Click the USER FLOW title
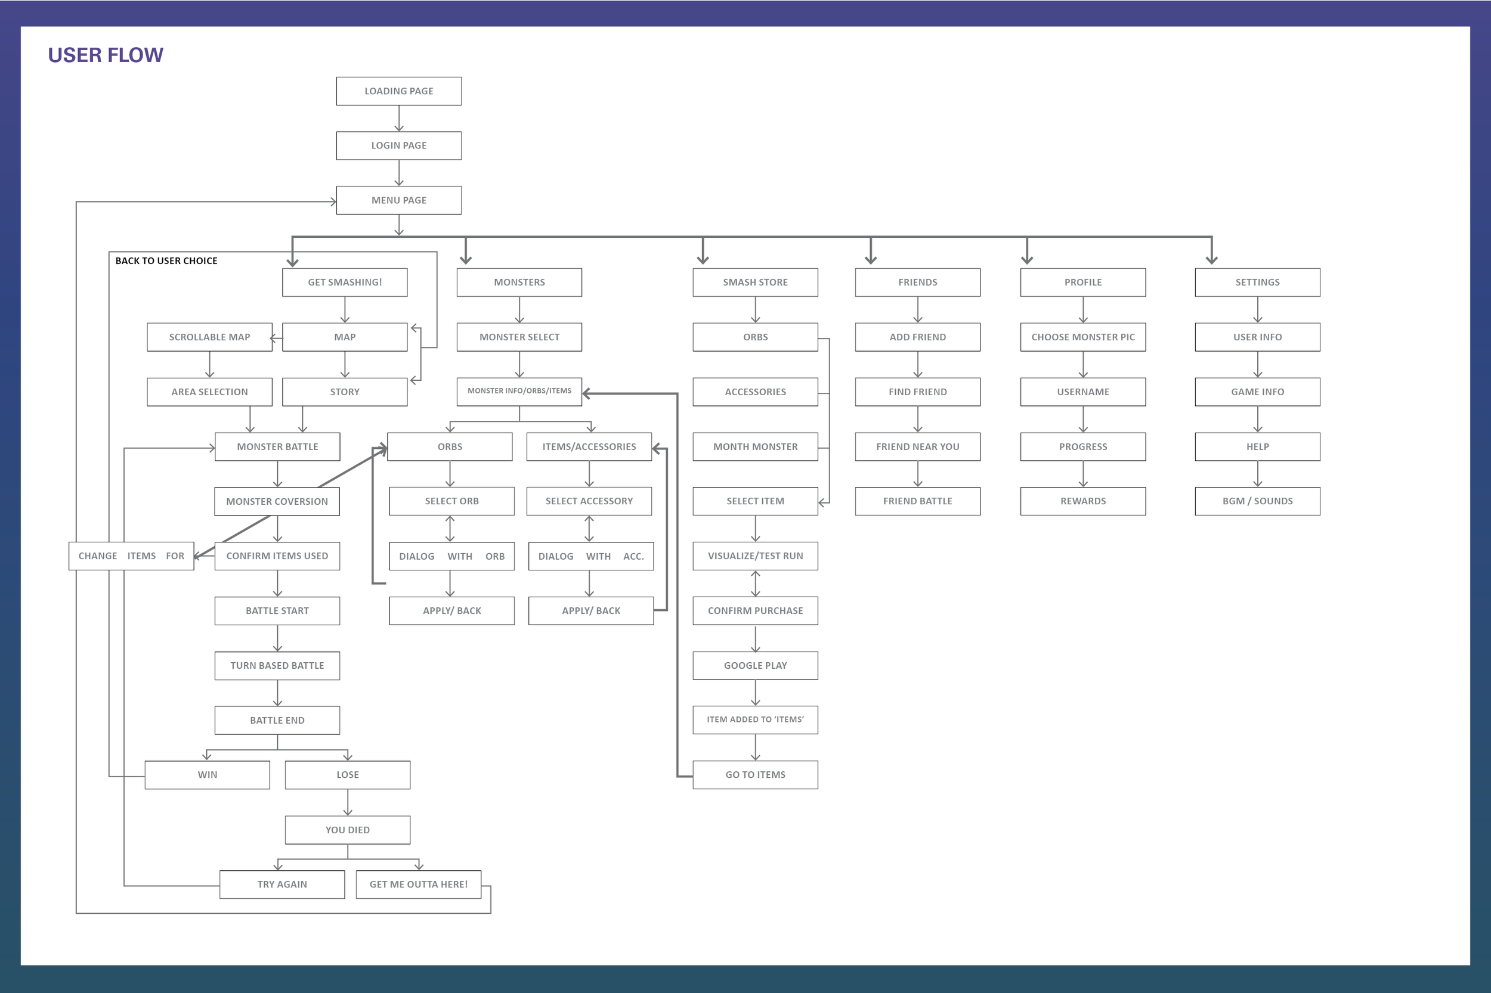105,55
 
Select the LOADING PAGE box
398,91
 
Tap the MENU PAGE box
398,200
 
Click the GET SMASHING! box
345,283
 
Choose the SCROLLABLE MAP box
209,337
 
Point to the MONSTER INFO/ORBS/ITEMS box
519,392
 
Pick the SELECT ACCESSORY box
589,501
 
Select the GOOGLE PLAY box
754,666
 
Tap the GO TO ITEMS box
754,774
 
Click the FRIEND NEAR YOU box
917,446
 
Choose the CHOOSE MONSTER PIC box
1082,337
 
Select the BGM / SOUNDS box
1257,501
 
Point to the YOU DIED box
347,830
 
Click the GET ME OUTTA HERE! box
418,884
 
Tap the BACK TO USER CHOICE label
166,261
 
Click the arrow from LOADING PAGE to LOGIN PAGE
398,119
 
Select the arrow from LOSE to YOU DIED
347,802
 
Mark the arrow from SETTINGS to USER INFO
1257,310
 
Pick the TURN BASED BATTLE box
277,666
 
